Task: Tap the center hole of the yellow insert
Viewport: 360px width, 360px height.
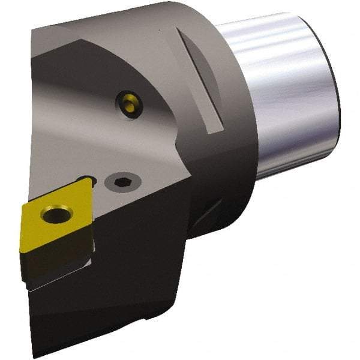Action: click(x=58, y=214)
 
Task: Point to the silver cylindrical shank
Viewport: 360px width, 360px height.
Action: click(x=282, y=96)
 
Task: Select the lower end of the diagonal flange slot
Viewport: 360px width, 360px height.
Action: click(x=214, y=129)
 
